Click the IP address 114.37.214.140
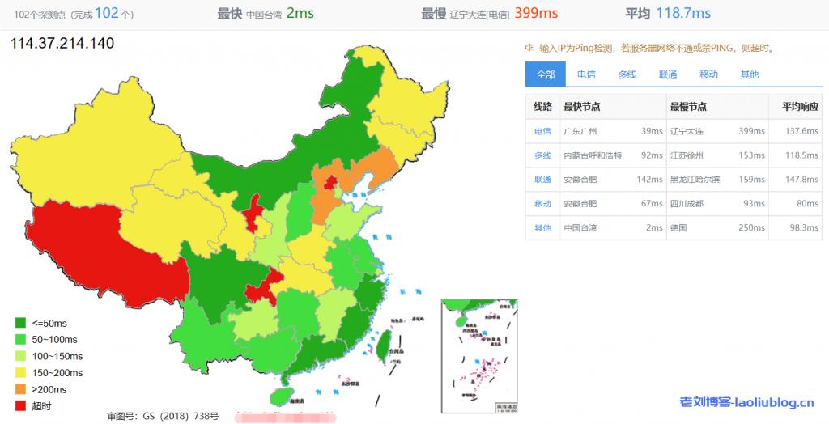(x=62, y=43)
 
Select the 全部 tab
(x=545, y=74)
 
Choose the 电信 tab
(x=586, y=74)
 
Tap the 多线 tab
(x=627, y=74)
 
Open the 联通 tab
(x=668, y=74)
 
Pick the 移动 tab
(x=708, y=74)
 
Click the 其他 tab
(x=750, y=74)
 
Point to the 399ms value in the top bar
(x=537, y=13)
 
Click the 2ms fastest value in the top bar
(x=300, y=13)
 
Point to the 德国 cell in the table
(x=678, y=228)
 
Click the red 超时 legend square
(x=21, y=405)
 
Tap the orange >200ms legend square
(x=21, y=389)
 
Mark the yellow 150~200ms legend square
(x=21, y=372)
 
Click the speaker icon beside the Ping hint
(x=529, y=48)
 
